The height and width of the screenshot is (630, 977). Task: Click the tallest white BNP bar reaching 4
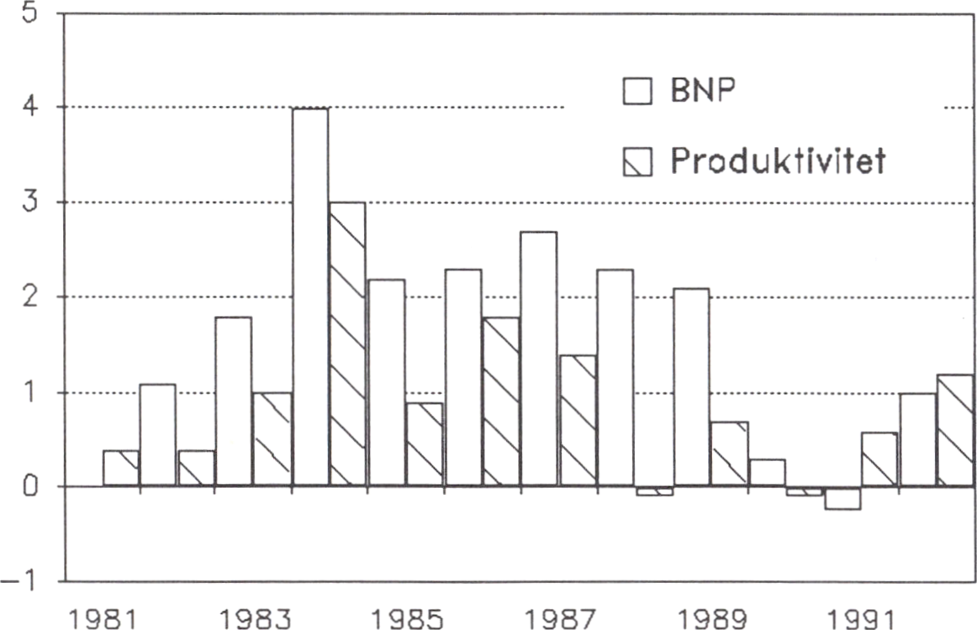(310, 297)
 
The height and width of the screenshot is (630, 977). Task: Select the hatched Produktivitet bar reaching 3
(347, 344)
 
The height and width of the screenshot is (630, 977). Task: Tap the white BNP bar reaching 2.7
(538, 359)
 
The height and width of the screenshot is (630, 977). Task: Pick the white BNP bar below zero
(842, 498)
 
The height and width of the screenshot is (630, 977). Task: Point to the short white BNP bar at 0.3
(767, 472)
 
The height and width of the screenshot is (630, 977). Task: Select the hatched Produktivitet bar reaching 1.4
(578, 420)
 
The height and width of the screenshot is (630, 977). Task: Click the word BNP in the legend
(703, 90)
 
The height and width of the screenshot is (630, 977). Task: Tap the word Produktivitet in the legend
(778, 161)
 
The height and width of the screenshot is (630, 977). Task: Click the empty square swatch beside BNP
(637, 91)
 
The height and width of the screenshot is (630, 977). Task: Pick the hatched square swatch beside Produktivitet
(637, 161)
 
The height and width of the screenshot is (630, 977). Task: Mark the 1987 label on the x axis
(560, 619)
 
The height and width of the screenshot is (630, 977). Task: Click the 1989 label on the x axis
(713, 619)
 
